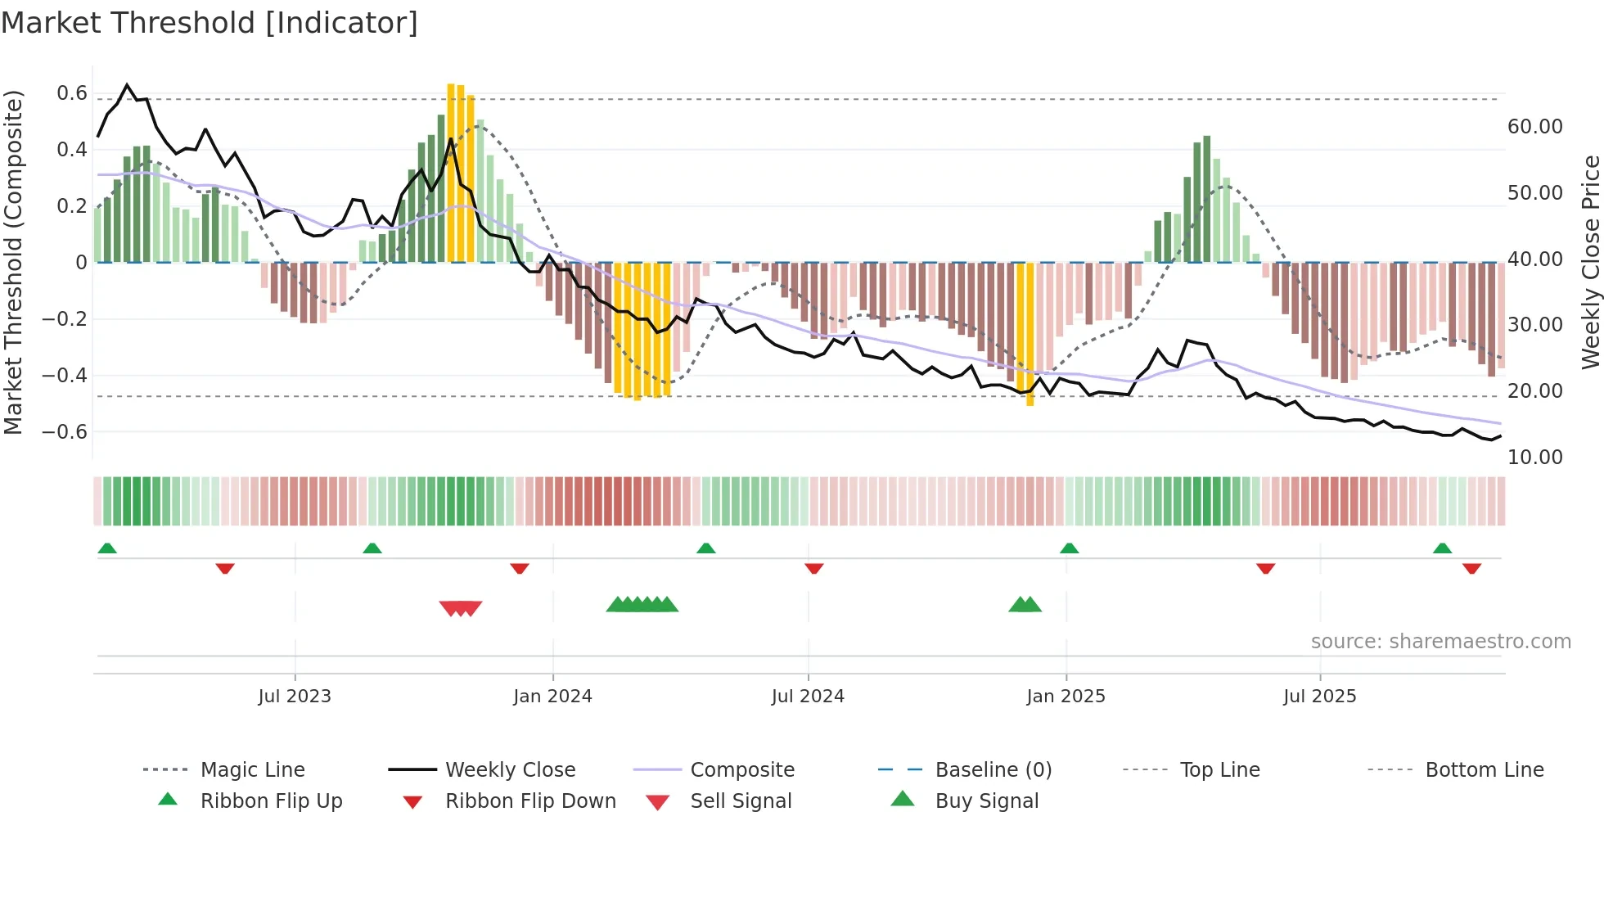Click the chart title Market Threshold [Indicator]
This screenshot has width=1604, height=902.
point(210,23)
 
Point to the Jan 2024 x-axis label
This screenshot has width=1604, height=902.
point(552,696)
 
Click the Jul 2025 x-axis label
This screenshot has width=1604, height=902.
point(1319,696)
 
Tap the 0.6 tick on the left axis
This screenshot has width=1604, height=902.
point(72,93)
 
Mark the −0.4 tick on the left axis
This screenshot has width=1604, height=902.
point(65,375)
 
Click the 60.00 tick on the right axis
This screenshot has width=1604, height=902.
point(1534,127)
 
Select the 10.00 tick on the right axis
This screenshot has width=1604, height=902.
point(1534,457)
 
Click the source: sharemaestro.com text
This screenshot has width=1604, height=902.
point(1440,641)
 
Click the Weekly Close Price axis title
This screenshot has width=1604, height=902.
point(1590,262)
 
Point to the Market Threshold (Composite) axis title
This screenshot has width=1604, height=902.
point(13,262)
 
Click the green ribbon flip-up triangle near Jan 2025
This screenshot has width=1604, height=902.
point(1069,548)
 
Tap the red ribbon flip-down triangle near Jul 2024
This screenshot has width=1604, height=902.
point(813,568)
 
